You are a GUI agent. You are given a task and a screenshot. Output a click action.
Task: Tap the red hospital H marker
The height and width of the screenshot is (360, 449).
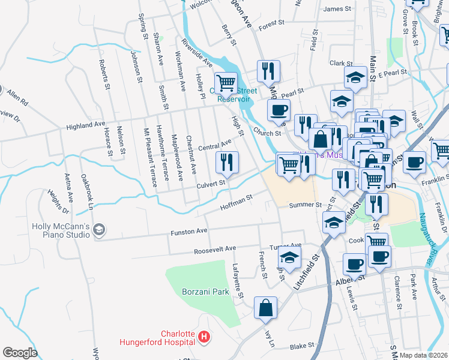pyautogui.click(x=204, y=338)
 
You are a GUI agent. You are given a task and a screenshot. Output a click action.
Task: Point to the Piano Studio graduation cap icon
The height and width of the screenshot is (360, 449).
pyautogui.click(x=100, y=230)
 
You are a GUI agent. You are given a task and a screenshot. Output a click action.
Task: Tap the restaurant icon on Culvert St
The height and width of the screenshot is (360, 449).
pyautogui.click(x=227, y=161)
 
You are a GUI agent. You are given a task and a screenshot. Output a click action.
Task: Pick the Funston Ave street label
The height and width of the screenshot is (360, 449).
pyautogui.click(x=189, y=231)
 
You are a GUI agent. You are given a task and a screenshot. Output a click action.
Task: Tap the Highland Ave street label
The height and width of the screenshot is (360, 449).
pyautogui.click(x=86, y=125)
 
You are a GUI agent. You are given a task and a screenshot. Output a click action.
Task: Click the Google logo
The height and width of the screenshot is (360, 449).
pyautogui.click(x=20, y=353)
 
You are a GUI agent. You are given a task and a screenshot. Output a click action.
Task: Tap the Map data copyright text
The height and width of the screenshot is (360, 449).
pyautogui.click(x=424, y=355)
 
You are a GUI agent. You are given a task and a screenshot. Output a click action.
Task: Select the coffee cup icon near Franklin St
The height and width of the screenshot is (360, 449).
pyautogui.click(x=414, y=163)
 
